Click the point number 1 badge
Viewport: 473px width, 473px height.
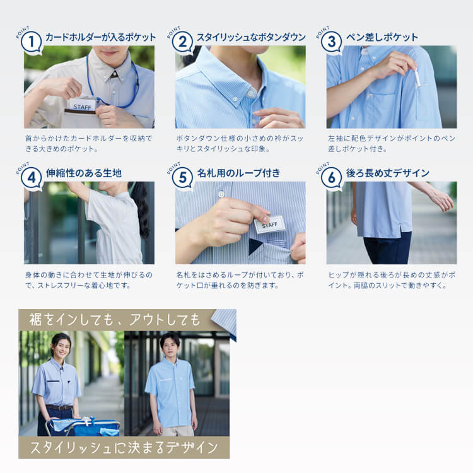point(32,42)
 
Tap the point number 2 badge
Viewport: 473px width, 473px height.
point(182,42)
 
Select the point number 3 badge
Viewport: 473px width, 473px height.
point(331,42)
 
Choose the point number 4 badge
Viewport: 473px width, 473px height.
point(32,178)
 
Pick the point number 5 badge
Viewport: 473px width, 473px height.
point(182,178)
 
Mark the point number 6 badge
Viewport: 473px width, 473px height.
point(331,178)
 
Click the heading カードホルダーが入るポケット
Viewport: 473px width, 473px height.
point(100,37)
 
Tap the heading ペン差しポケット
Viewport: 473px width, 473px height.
point(382,37)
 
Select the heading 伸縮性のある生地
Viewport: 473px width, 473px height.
point(84,173)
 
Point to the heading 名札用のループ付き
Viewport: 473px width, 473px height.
point(238,173)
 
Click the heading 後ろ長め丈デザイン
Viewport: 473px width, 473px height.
point(388,173)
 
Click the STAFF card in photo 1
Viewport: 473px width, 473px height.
point(81,105)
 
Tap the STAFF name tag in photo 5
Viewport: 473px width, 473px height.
point(269,225)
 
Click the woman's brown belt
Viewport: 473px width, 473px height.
point(59,408)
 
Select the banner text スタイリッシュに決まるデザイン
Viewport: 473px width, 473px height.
point(124,448)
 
